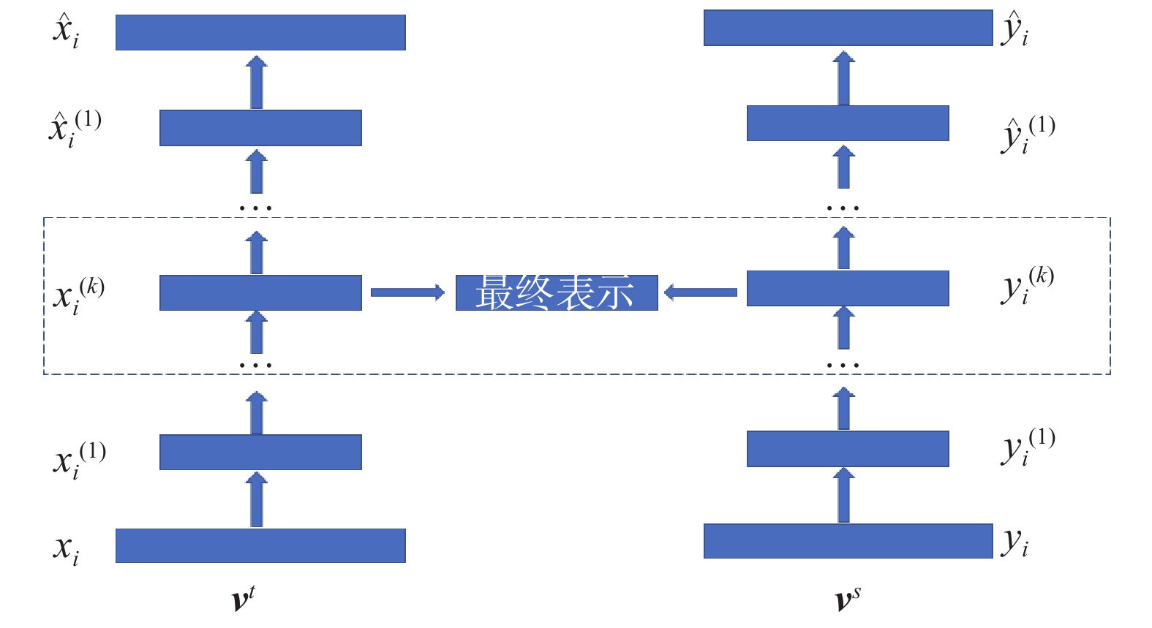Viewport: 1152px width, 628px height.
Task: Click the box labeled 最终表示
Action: [x=556, y=292]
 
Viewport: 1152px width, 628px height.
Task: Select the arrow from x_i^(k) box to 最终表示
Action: [x=407, y=292]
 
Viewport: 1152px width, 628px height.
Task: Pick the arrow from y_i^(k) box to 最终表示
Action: [x=701, y=292]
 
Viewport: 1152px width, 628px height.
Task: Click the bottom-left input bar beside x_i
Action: [x=260, y=545]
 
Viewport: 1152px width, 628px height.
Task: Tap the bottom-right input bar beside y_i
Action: [x=848, y=541]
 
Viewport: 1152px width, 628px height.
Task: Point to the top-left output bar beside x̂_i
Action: [x=260, y=32]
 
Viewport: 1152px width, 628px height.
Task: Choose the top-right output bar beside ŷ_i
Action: [x=848, y=28]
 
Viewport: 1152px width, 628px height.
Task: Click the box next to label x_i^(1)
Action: [x=260, y=452]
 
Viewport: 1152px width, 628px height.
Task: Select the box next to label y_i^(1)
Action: [x=848, y=448]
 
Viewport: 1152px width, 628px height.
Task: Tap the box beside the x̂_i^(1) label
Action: [x=260, y=128]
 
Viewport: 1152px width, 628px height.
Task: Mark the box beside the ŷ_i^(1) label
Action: [x=848, y=123]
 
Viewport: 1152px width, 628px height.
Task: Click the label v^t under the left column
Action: [x=243, y=599]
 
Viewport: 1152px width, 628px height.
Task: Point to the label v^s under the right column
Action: [x=847, y=599]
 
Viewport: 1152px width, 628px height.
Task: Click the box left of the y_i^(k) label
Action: [x=848, y=288]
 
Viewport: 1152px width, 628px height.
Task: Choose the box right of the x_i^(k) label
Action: [x=260, y=292]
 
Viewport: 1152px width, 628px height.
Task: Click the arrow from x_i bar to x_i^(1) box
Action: [x=256, y=500]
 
